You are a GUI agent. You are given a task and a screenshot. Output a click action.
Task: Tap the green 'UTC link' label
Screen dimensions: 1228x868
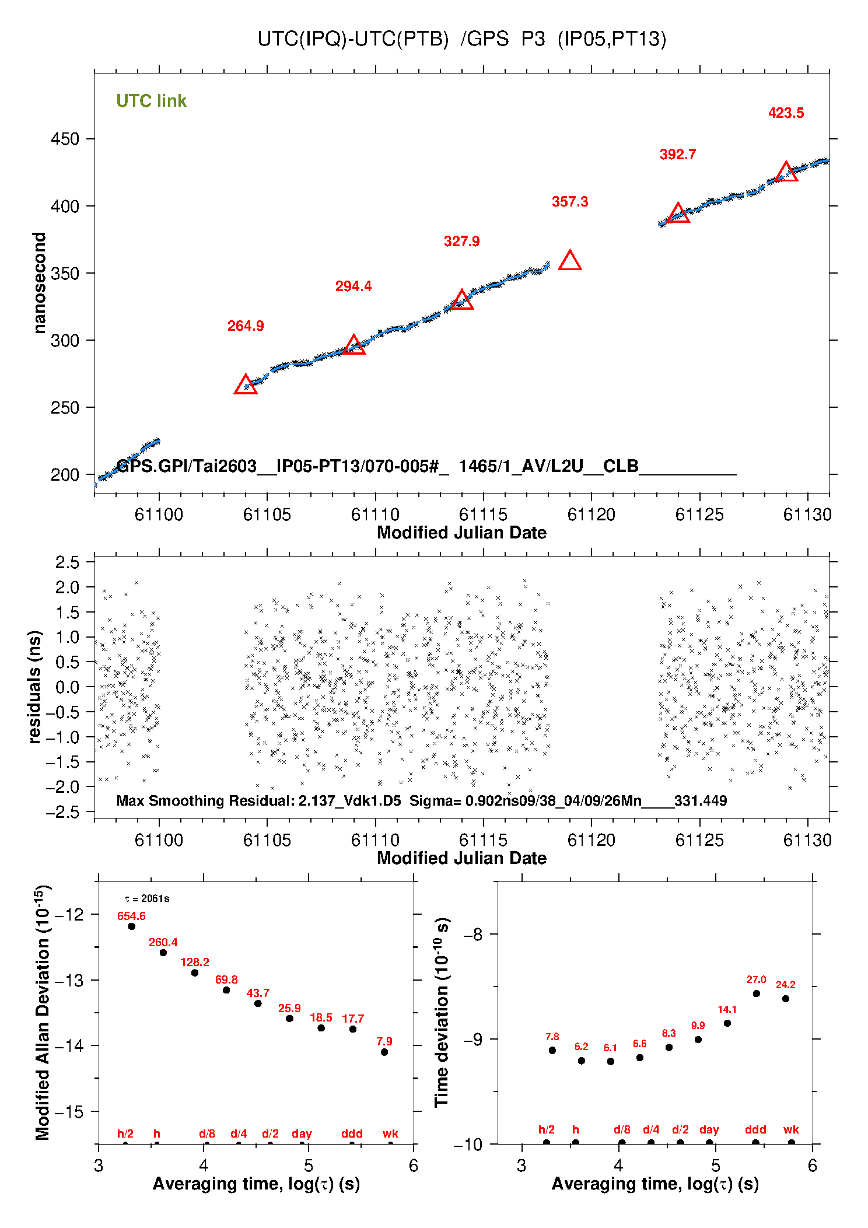coord(151,101)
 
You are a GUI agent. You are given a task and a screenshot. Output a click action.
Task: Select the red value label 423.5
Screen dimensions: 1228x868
coord(786,113)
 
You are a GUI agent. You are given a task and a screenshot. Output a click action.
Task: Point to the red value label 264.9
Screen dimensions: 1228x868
coord(246,326)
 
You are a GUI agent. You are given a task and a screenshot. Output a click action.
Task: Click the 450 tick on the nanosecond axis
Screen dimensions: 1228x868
coord(65,139)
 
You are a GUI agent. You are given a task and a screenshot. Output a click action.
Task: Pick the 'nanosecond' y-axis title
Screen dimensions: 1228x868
coord(39,283)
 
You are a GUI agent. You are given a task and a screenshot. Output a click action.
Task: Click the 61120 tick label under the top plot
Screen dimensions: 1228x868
coord(591,515)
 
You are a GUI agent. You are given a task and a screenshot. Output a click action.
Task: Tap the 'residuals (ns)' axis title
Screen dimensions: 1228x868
coord(35,687)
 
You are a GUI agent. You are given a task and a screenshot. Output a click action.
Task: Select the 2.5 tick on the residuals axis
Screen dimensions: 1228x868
coord(67,562)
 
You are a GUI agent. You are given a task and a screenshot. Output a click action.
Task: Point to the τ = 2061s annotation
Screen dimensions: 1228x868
coord(147,898)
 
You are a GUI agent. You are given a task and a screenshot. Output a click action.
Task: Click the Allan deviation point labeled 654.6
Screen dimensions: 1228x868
coord(132,926)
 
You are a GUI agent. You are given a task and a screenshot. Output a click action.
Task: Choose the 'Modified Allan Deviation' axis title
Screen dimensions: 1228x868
coord(42,1012)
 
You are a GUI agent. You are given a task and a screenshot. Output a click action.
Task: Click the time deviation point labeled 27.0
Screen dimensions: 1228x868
coord(757,993)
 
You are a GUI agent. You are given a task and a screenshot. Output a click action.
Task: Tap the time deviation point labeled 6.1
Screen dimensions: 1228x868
coord(611,1061)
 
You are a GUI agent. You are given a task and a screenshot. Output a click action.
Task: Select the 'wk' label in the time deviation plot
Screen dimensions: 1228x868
coord(791,1129)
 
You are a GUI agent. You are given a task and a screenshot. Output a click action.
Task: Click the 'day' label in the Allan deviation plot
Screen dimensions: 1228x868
coord(302,1133)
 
